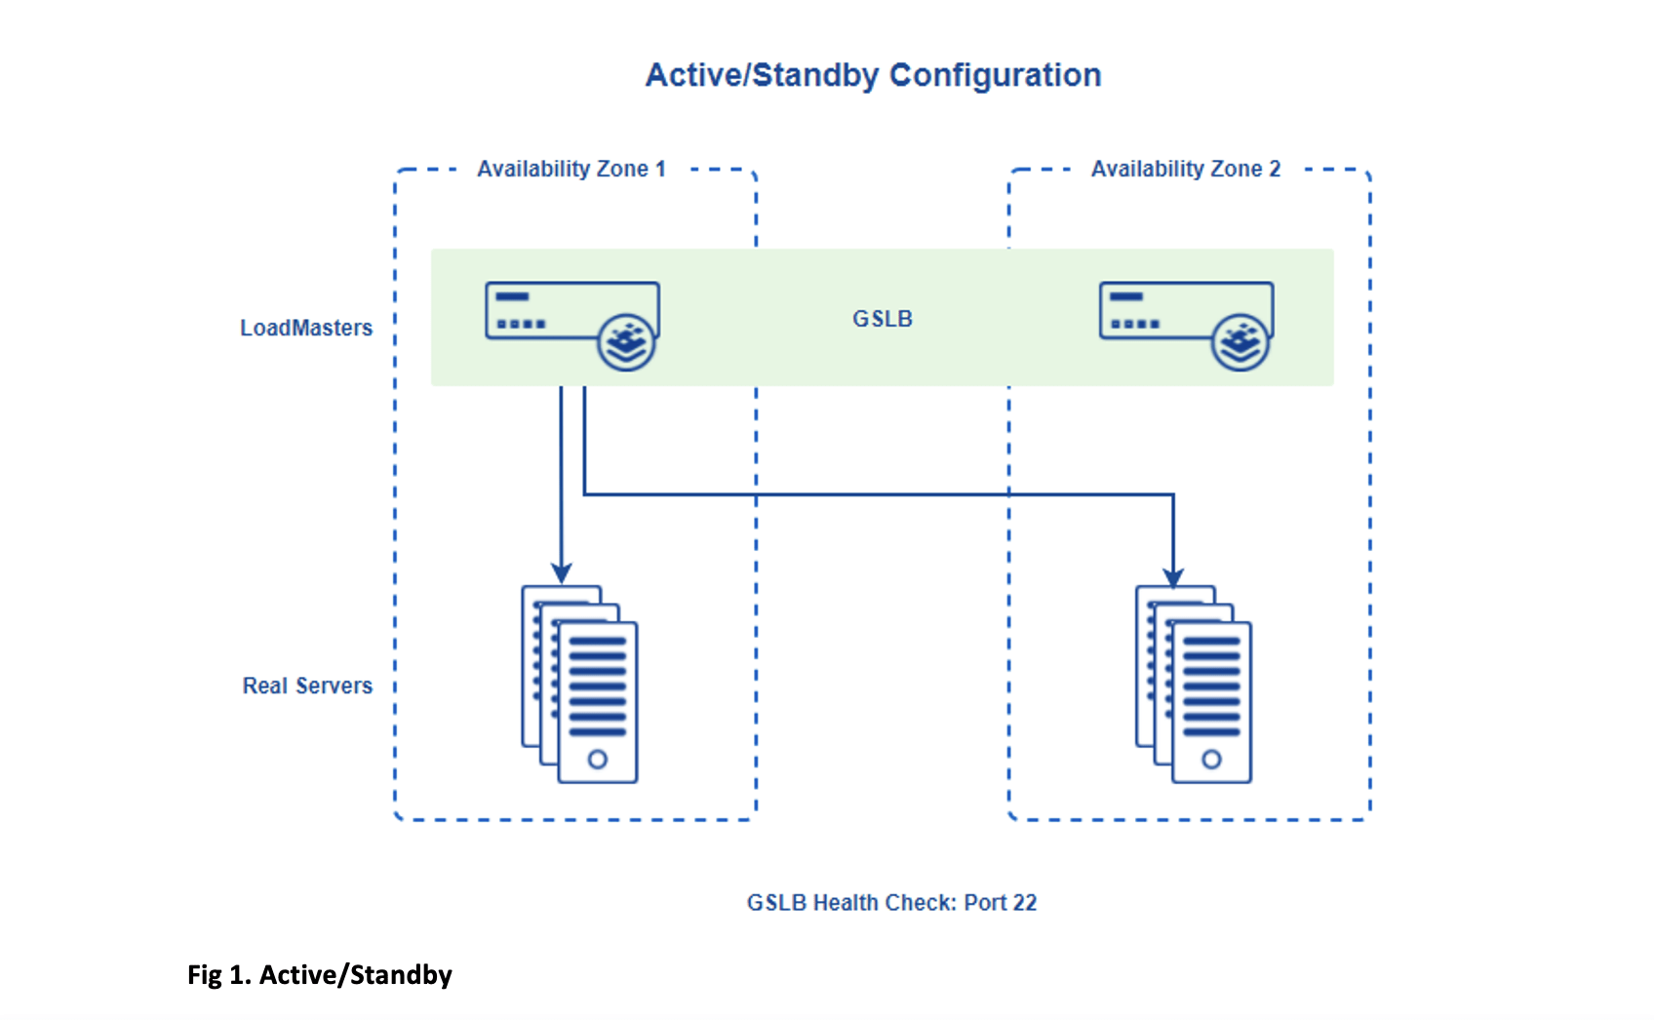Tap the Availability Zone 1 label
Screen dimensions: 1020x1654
[x=571, y=169]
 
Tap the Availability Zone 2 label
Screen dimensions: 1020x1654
[x=1185, y=169]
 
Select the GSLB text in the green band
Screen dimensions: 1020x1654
[x=882, y=319]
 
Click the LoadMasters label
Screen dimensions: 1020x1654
[x=306, y=328]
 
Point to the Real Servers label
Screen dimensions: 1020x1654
[x=307, y=686]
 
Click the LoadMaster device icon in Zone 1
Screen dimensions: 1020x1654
[x=556, y=311]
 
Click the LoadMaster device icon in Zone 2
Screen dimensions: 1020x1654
[x=1169, y=311]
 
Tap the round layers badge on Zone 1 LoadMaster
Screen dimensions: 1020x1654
[x=626, y=342]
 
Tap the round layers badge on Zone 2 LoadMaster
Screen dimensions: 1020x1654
[x=1240, y=342]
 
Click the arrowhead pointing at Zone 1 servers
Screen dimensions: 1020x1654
[x=561, y=572]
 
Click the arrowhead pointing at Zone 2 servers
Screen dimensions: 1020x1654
[x=1173, y=576]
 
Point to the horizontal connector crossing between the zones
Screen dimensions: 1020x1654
[x=878, y=494]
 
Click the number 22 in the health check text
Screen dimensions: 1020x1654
[x=1024, y=903]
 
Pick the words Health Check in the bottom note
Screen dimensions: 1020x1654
[x=884, y=903]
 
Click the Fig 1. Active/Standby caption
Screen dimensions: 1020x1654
[x=320, y=975]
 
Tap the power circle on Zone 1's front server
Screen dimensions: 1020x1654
[x=598, y=760]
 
